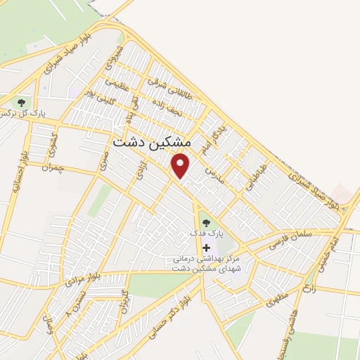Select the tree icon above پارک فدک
click(206, 223)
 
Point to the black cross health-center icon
click(206, 247)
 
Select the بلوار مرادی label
click(79, 276)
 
